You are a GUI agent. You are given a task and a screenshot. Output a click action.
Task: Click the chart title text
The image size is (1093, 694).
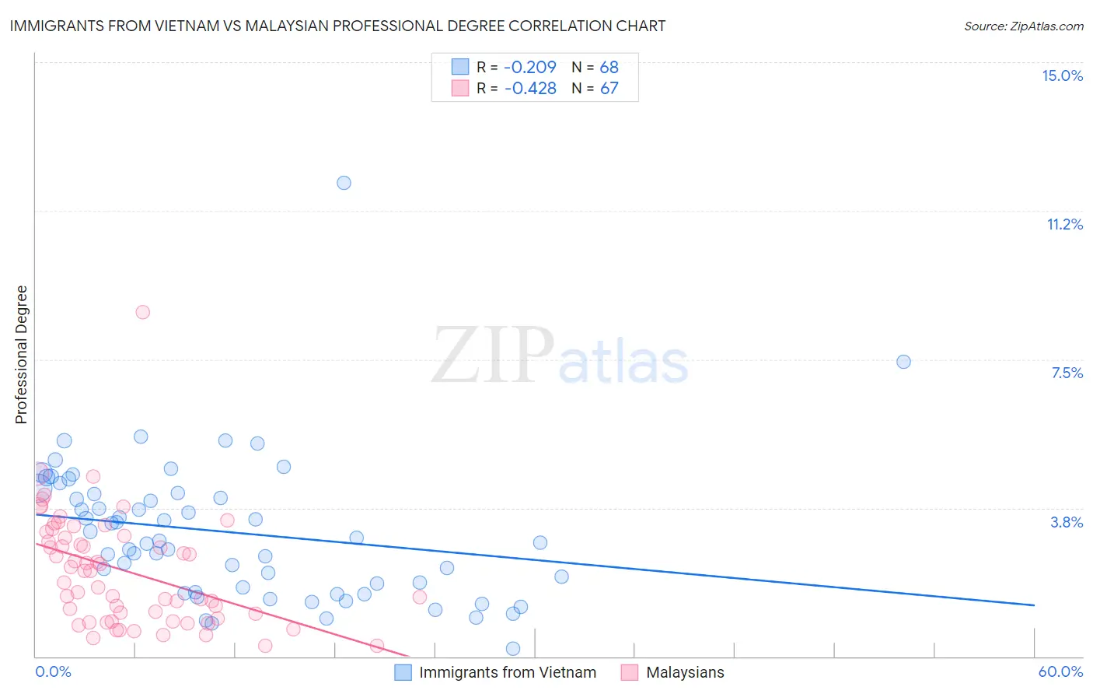tap(337, 26)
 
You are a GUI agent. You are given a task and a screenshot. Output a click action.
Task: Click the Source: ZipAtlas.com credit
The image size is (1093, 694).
tap(1023, 26)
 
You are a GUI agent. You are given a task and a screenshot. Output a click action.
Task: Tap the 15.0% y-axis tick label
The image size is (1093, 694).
tap(1062, 75)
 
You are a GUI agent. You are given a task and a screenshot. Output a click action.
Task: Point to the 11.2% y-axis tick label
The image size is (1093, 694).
tap(1064, 225)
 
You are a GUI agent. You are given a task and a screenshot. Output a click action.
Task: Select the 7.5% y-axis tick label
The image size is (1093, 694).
tap(1067, 373)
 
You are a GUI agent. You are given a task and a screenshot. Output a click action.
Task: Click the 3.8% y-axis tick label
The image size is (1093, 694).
tap(1067, 523)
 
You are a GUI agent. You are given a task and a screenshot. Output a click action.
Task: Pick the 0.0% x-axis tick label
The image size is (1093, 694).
tap(53, 671)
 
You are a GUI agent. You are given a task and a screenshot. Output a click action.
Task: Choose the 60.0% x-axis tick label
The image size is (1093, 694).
tap(1060, 671)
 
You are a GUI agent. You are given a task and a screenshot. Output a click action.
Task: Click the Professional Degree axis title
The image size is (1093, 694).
tap(21, 355)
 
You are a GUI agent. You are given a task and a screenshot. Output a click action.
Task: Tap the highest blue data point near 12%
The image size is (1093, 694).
tap(344, 183)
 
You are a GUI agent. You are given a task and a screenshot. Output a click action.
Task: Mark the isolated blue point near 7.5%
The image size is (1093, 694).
tap(903, 362)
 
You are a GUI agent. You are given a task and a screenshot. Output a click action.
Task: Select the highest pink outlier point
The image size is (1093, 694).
tap(142, 312)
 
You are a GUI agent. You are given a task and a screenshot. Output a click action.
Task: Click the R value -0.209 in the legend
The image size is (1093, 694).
tap(530, 68)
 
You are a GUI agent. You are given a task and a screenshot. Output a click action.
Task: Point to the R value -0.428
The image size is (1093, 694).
tap(530, 89)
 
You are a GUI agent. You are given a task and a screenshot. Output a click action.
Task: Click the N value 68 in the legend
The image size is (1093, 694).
tap(609, 68)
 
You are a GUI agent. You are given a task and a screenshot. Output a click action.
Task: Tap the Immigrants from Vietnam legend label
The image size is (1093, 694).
tap(508, 672)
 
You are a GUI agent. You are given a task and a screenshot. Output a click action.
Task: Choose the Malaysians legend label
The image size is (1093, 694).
tap(685, 672)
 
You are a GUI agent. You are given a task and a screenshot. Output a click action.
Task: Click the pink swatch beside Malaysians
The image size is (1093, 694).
tap(630, 672)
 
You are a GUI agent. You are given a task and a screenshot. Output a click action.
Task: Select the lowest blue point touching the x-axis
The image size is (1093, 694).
tap(513, 648)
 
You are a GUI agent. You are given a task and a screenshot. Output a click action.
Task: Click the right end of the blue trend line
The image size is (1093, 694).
tap(1034, 605)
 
